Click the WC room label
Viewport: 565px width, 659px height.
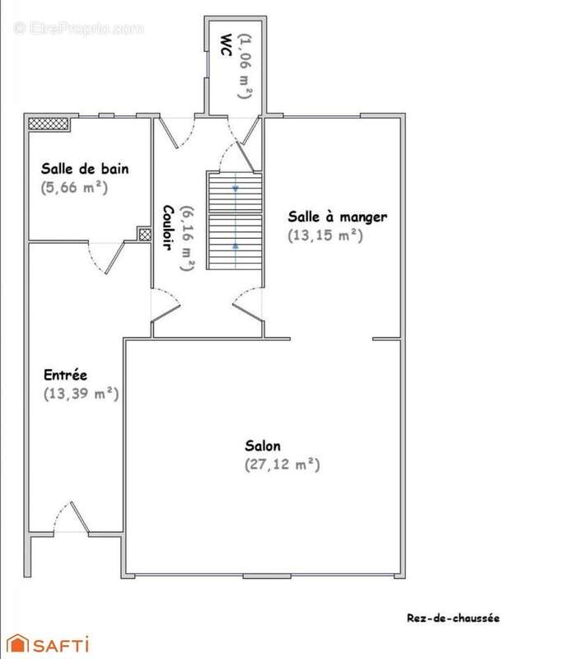click(x=226, y=44)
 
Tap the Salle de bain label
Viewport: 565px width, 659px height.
click(x=85, y=169)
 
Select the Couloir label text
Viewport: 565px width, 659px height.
click(x=168, y=227)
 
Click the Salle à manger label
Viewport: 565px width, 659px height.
click(x=338, y=217)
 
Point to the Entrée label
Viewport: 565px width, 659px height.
click(x=66, y=375)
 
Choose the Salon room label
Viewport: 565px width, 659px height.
click(x=263, y=446)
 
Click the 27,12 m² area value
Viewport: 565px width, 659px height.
click(x=282, y=465)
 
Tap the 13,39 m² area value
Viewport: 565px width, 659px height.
click(x=81, y=394)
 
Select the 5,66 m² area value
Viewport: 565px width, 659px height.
click(x=74, y=188)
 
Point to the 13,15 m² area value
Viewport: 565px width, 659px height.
click(x=325, y=236)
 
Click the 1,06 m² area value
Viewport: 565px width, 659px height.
click(x=245, y=66)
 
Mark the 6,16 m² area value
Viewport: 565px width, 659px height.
click(x=187, y=238)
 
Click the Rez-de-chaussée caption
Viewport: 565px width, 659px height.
click(x=453, y=618)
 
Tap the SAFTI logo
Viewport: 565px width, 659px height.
click(x=48, y=643)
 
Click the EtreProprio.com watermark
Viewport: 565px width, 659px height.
click(x=78, y=29)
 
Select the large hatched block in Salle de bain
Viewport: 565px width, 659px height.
click(x=49, y=124)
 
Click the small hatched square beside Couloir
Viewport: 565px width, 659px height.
click(x=145, y=234)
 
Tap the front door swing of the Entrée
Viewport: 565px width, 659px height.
click(x=72, y=517)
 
